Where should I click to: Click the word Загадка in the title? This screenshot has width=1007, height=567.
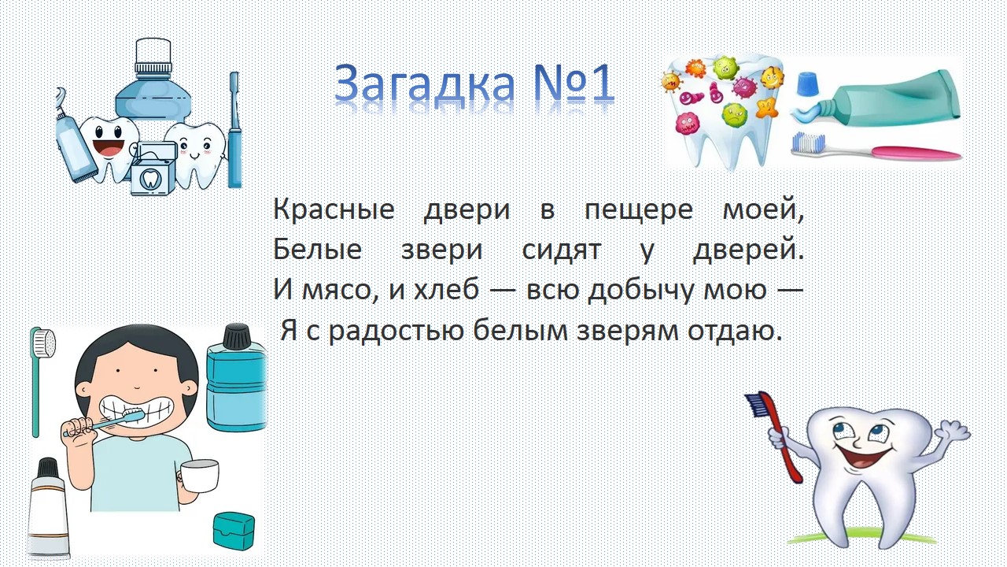[424, 83]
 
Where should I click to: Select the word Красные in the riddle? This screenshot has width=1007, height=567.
[334, 209]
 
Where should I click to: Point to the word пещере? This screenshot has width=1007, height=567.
[639, 210]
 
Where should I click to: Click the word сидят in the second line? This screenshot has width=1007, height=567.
[562, 250]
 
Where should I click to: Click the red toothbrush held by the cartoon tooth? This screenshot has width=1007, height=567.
[776, 433]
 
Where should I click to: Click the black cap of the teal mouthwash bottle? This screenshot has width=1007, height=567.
[237, 336]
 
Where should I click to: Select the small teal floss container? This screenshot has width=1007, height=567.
[234, 530]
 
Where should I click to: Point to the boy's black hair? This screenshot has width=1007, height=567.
[135, 355]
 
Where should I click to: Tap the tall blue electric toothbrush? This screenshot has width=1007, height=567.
[234, 130]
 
